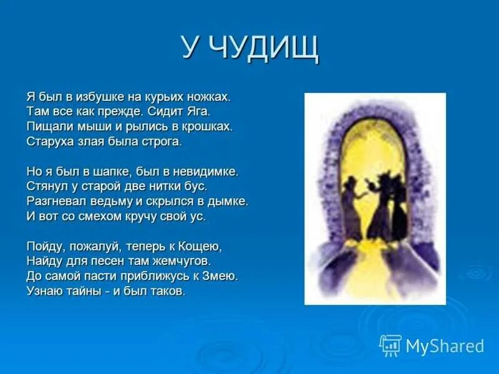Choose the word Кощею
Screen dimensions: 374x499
[x=201, y=246]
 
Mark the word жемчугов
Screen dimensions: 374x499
[x=187, y=261]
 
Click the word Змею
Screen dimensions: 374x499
[x=223, y=276]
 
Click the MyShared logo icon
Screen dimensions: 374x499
[x=390, y=345]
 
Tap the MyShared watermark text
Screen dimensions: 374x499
[x=445, y=346]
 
